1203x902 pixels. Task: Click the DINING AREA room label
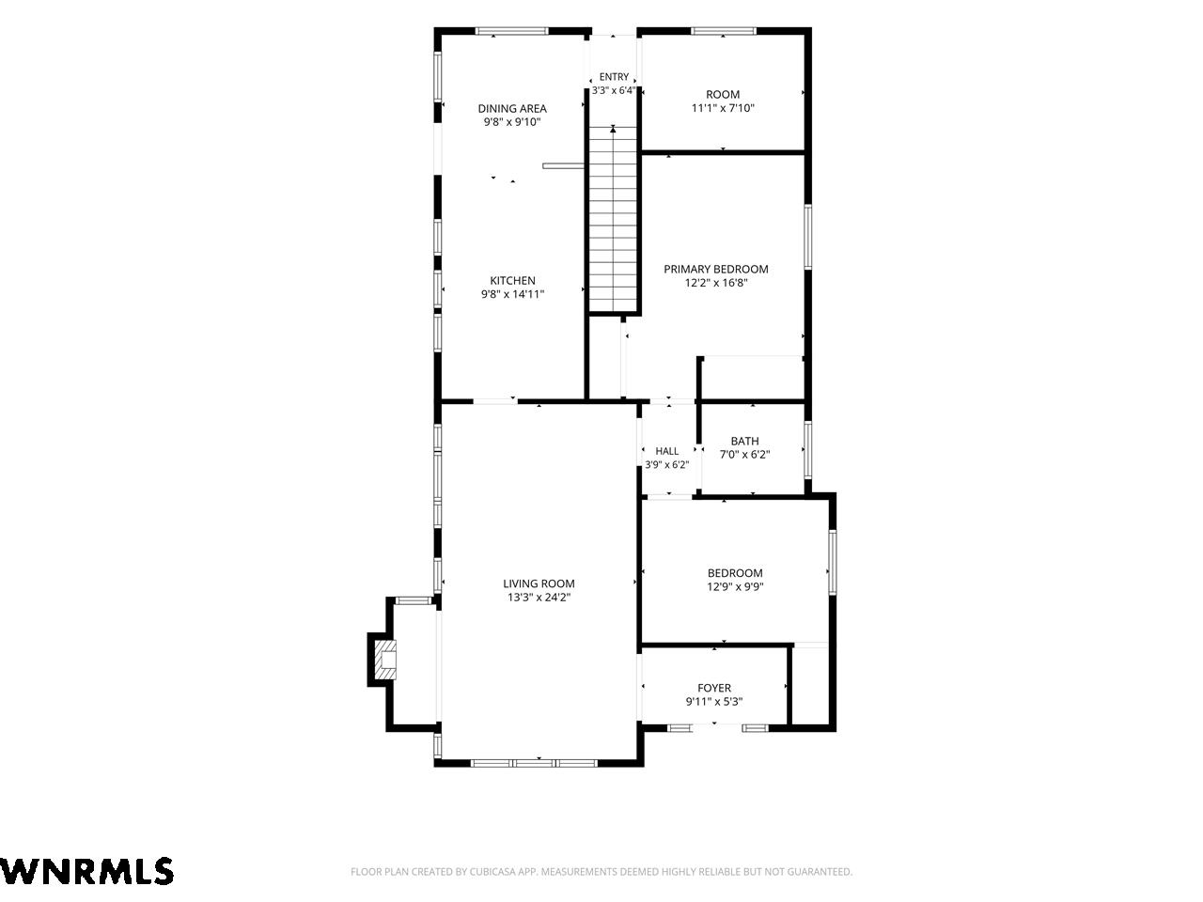pos(512,108)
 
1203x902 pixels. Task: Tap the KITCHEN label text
pos(512,280)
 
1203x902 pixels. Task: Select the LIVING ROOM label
pos(539,583)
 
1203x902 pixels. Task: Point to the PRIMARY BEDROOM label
pos(716,269)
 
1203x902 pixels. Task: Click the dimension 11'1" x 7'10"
pos(723,108)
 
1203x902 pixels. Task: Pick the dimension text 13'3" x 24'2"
pos(539,598)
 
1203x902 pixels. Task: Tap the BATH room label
pos(744,441)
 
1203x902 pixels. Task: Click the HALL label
pos(667,451)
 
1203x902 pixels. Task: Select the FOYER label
pos(714,688)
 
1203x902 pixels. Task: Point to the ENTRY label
pos(614,77)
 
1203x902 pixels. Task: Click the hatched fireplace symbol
pos(387,661)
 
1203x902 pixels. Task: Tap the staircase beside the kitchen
pos(614,219)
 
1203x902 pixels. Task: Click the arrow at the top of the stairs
pos(613,130)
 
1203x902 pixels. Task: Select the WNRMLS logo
pos(86,871)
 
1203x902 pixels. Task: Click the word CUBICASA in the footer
pos(491,871)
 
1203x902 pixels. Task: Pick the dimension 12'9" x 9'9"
pos(735,587)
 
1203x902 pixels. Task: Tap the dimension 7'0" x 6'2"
pos(744,455)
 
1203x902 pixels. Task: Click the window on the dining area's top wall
pos(511,31)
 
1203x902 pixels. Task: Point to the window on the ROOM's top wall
pos(724,31)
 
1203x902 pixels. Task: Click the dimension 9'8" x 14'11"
pos(512,294)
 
